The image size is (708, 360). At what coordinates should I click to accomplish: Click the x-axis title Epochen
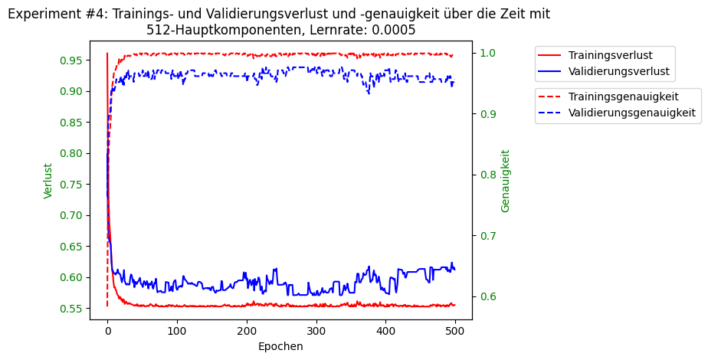point(280,346)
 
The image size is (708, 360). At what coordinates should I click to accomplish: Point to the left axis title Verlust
point(48,181)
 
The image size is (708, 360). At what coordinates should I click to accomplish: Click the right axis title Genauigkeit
point(506,181)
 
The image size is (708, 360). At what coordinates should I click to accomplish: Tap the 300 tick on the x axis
point(316,331)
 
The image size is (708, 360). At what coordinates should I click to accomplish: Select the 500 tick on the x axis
point(455,331)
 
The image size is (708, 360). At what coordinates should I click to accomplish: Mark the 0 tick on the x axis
point(107,331)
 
